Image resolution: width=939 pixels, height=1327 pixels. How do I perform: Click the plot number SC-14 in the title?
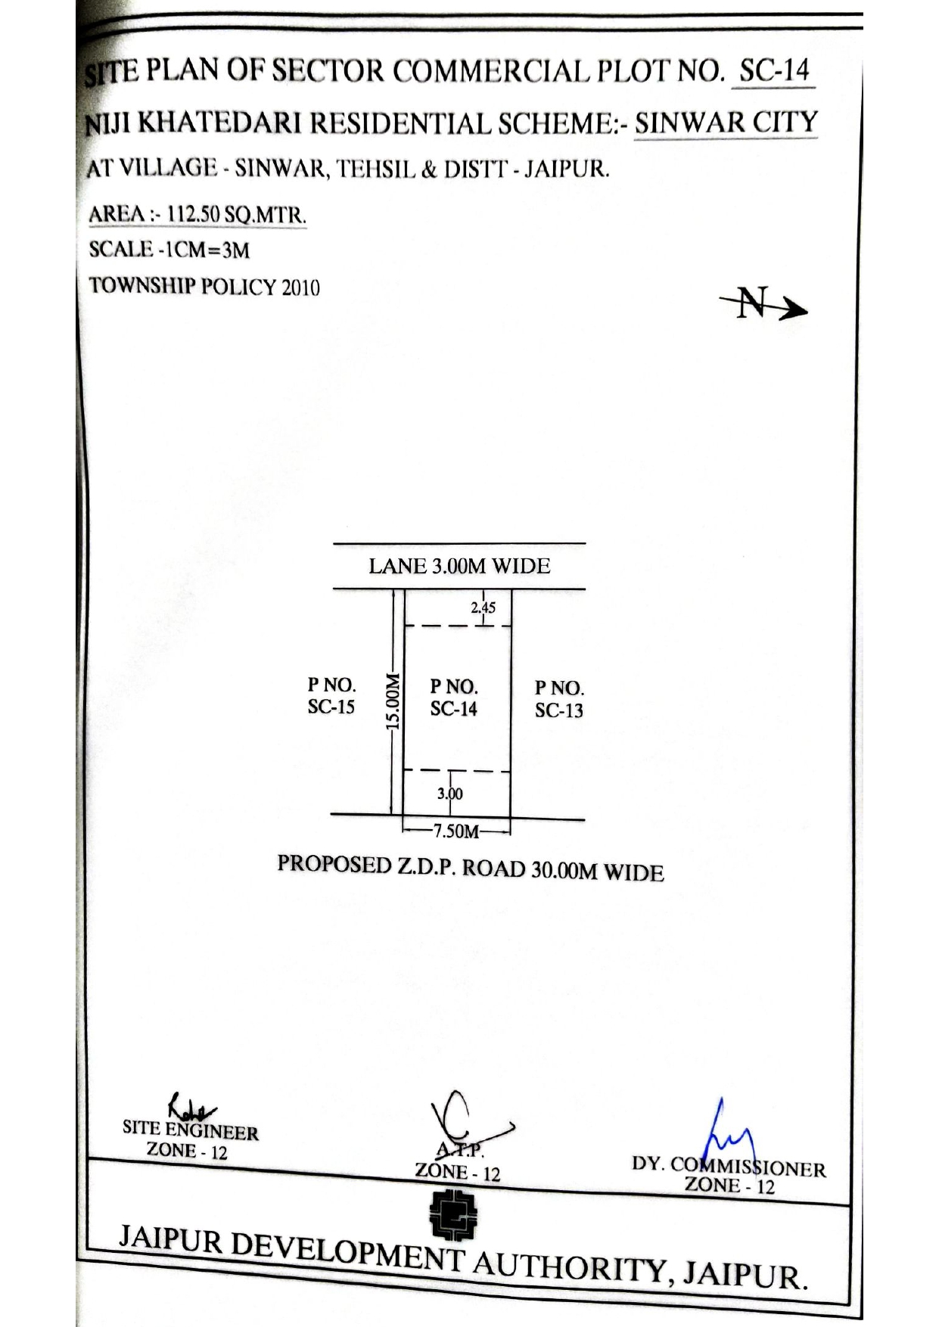pos(774,72)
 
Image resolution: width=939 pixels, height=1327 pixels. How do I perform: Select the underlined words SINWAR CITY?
pos(726,123)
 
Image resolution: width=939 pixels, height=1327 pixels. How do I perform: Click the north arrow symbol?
pos(763,303)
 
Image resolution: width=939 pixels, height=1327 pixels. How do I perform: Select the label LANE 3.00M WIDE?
pos(459,566)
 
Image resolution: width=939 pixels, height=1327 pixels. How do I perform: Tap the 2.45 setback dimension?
pos(483,607)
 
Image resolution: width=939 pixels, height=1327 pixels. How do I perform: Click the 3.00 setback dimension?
pos(449,794)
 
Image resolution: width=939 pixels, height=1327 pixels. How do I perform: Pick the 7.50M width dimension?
pos(456,831)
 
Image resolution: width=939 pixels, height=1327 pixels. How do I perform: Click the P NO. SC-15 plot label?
pos(331,696)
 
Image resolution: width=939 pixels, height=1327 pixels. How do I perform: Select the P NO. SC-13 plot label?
pos(559,699)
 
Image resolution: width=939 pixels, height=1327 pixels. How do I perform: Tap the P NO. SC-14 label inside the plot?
pos(454,698)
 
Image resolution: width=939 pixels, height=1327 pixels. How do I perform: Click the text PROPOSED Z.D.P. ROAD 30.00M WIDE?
pos(471,868)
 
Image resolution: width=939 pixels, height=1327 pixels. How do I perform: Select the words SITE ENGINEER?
pos(191,1130)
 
